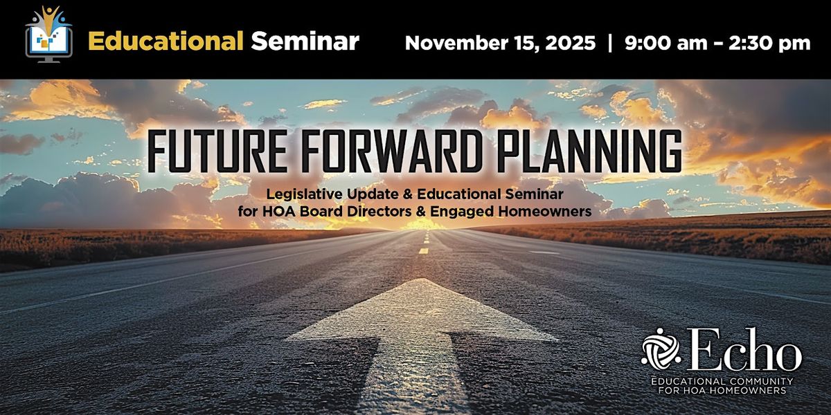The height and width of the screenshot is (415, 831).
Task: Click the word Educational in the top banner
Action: pos(166,41)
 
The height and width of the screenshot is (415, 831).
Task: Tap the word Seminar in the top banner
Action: pos(305,41)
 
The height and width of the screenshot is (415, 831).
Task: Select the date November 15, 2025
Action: pos(499,43)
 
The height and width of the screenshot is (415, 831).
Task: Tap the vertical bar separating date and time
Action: pos(609,43)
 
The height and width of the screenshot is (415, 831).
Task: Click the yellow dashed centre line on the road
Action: pos(423,250)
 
